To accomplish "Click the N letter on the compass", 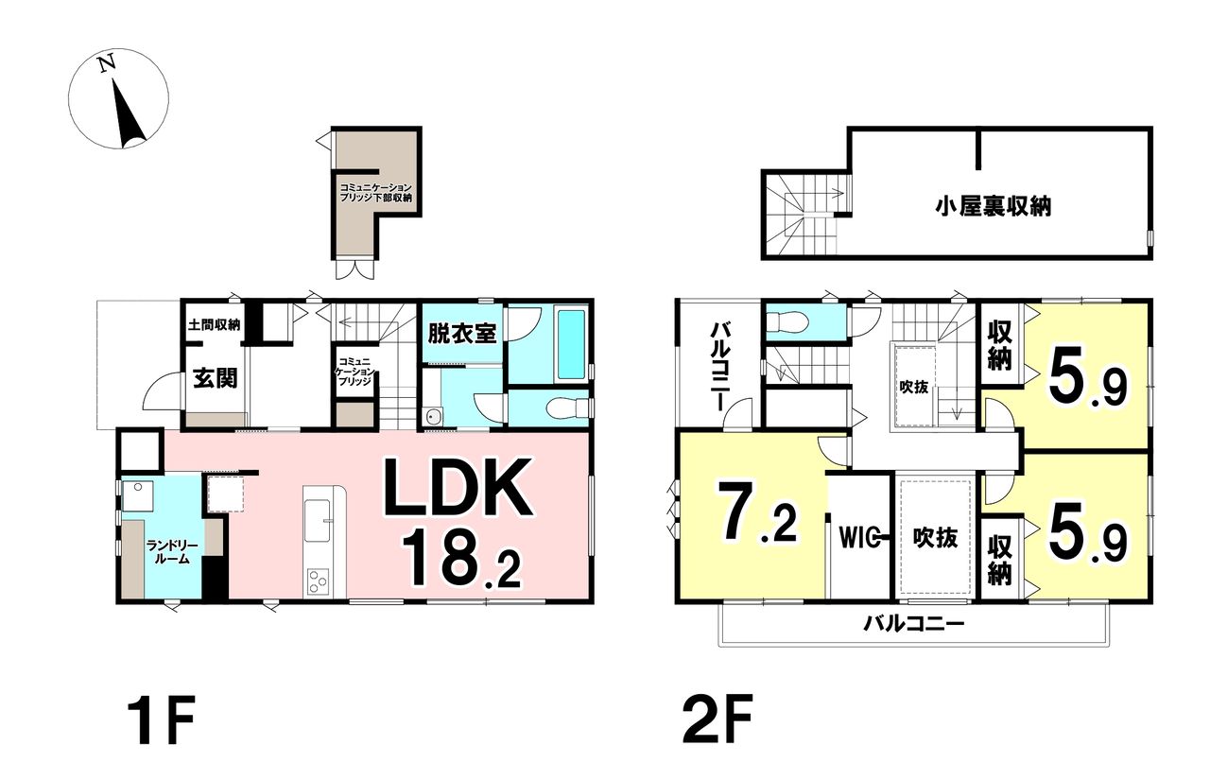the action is (x=108, y=63).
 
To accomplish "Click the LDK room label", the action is (x=458, y=488).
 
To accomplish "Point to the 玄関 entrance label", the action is (x=216, y=379).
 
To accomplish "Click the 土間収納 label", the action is (x=214, y=324).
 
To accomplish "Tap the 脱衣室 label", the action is (x=462, y=334).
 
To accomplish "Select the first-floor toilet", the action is (x=568, y=407).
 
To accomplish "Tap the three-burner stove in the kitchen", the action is (x=318, y=581).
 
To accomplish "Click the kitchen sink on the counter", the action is (x=317, y=520).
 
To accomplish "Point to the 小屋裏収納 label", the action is (x=994, y=207).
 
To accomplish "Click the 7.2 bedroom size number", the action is (x=757, y=511).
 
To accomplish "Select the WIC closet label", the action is (x=861, y=537).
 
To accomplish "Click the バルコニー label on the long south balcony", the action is (x=913, y=624).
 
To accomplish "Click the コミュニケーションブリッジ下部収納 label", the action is (x=376, y=193).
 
